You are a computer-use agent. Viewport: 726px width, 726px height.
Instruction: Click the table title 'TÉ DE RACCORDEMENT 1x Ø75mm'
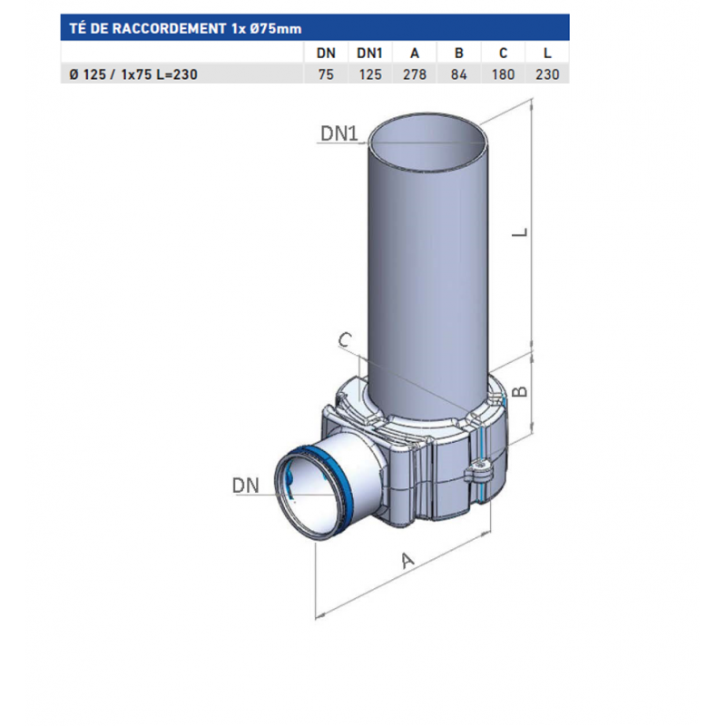pyautogui.click(x=184, y=28)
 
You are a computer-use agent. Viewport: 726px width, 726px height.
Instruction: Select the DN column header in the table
pyautogui.click(x=326, y=54)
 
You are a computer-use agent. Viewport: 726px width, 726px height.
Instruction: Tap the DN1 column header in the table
pyautogui.click(x=369, y=54)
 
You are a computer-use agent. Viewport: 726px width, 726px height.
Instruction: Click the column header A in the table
pyautogui.click(x=414, y=54)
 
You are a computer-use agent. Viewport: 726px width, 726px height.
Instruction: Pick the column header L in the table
pyautogui.click(x=547, y=54)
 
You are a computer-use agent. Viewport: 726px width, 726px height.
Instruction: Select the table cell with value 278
pyautogui.click(x=414, y=74)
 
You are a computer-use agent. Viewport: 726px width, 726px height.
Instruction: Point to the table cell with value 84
pyautogui.click(x=458, y=74)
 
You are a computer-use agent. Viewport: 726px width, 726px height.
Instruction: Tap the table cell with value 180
pyautogui.click(x=503, y=74)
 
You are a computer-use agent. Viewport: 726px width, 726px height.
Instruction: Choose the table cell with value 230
pyautogui.click(x=547, y=74)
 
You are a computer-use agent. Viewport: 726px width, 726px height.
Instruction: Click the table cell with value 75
pyautogui.click(x=326, y=74)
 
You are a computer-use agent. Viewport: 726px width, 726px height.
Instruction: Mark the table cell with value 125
pyautogui.click(x=369, y=74)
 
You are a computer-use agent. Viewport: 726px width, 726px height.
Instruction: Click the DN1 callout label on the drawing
pyautogui.click(x=341, y=134)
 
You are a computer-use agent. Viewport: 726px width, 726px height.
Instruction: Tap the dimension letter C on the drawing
pyautogui.click(x=345, y=340)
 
